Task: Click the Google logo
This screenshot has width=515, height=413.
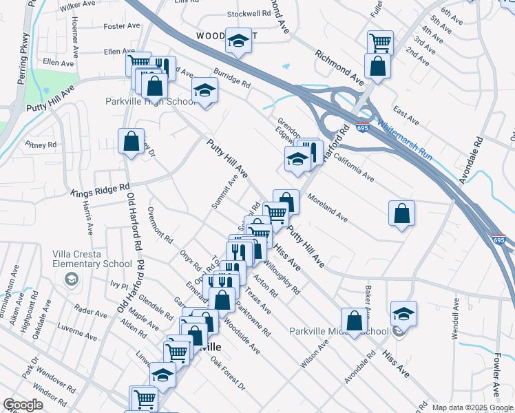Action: click(x=23, y=404)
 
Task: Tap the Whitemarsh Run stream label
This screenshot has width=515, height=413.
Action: click(x=406, y=141)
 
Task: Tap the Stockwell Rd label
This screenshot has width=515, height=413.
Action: click(x=231, y=13)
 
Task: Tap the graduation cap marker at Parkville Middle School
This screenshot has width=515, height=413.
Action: click(x=403, y=313)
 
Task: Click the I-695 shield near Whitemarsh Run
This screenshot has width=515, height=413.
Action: click(x=362, y=127)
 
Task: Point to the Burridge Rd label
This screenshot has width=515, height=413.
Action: click(x=231, y=77)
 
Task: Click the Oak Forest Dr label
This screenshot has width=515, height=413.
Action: click(x=228, y=374)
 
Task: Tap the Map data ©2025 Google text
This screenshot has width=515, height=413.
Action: click(x=472, y=407)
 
